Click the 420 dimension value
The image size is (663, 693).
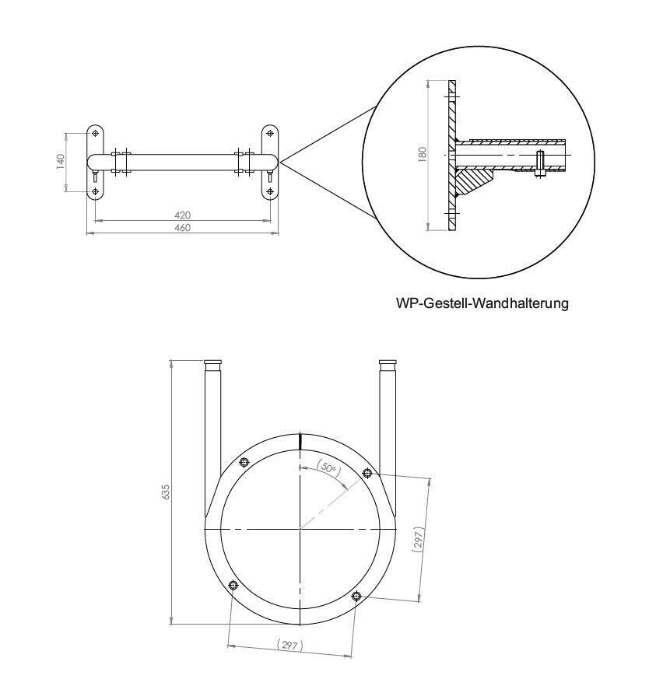tap(182, 215)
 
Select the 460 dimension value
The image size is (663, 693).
tap(182, 228)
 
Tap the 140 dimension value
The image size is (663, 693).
tap(61, 161)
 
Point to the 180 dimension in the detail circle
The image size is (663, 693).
tap(423, 155)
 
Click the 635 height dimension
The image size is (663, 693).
tap(166, 492)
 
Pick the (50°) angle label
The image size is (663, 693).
tap(329, 468)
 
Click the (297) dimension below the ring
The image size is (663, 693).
tap(289, 646)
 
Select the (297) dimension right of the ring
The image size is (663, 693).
tap(419, 539)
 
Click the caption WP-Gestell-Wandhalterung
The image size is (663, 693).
tap(482, 303)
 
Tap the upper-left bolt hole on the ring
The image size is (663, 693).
tap(244, 462)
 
